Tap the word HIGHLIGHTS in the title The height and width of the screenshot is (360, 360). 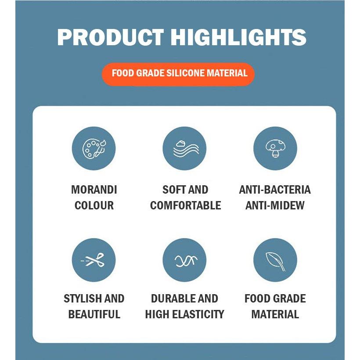click(238, 37)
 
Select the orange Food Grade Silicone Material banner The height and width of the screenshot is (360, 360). click(180, 73)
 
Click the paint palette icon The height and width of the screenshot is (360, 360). click(94, 148)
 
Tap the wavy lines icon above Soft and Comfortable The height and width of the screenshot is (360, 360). click(184, 148)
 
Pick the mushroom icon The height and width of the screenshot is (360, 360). click(275, 148)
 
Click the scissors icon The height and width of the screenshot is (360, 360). click(94, 260)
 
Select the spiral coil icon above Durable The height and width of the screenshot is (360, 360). click(184, 260)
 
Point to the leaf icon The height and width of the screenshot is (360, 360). click(275, 260)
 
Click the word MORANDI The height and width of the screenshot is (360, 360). click(94, 190)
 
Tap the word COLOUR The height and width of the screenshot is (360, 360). click(94, 205)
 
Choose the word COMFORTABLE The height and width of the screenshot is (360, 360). click(185, 205)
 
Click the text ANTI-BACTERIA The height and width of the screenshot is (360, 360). click(275, 190)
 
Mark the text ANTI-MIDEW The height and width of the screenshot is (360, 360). click(275, 205)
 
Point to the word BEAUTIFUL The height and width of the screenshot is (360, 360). click(94, 314)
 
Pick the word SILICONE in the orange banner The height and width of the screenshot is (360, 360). click(186, 73)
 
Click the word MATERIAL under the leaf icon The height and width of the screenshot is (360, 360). click(275, 314)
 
